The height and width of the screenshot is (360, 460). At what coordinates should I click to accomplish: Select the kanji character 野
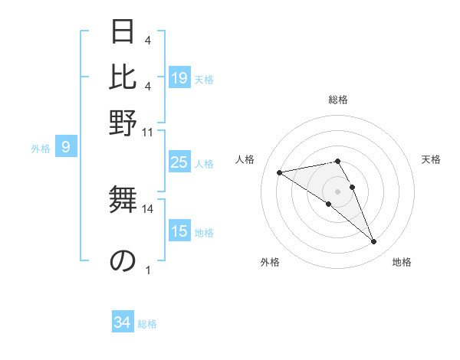[x=123, y=122]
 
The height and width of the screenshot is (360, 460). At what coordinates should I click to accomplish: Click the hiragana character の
[x=123, y=260]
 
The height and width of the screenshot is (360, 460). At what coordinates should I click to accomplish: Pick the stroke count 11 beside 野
[x=148, y=132]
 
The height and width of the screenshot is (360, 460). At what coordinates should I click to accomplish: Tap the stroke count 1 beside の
[x=148, y=270]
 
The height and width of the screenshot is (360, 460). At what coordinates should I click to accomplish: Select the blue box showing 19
[x=179, y=78]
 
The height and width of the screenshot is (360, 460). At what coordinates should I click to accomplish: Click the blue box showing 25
[x=179, y=162]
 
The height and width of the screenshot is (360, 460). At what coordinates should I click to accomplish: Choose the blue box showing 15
[x=179, y=231]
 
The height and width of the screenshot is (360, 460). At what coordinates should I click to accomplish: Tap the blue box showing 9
[x=66, y=147]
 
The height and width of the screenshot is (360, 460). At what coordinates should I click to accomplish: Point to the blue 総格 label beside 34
[x=147, y=324]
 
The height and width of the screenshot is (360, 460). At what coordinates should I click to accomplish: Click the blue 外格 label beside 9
[x=41, y=149]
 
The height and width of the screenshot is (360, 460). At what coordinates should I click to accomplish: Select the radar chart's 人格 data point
[x=279, y=173]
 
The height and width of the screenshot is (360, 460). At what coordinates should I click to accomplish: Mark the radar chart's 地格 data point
[x=373, y=242]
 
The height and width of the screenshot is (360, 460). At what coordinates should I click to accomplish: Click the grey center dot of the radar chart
[x=337, y=191]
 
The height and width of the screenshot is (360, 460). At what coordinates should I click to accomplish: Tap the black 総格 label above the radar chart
[x=337, y=100]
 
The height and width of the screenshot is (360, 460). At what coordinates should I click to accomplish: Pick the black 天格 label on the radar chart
[x=431, y=159]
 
